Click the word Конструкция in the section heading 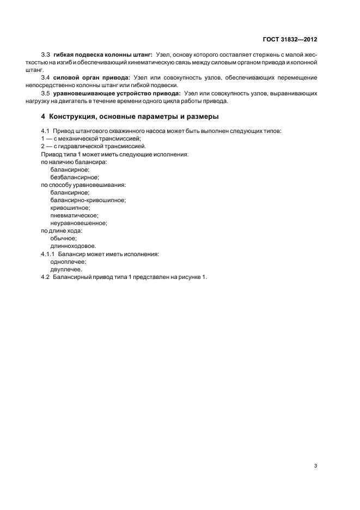click(75, 117)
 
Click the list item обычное click(63, 238)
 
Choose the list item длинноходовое click(69, 246)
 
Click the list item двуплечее click(66, 269)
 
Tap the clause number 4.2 click(45, 277)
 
